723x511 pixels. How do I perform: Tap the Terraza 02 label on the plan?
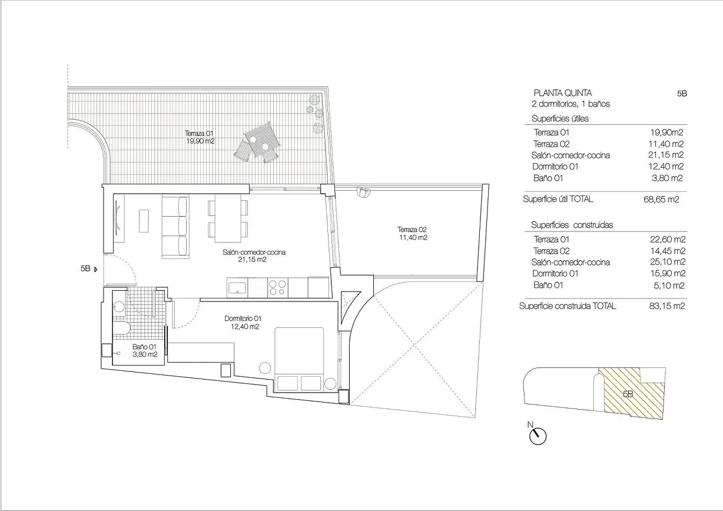point(412,233)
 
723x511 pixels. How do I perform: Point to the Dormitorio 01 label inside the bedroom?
point(242,322)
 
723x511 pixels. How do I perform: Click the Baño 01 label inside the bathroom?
point(144,351)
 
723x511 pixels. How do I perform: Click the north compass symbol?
point(538,435)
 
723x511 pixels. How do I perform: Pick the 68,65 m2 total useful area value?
point(661,200)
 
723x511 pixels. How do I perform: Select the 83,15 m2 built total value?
point(665,306)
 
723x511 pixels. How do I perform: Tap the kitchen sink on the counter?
point(237,288)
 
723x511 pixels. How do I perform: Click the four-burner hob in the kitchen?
point(278,288)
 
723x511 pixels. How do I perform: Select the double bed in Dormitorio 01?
point(299,359)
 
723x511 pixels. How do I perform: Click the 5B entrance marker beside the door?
point(88,268)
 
